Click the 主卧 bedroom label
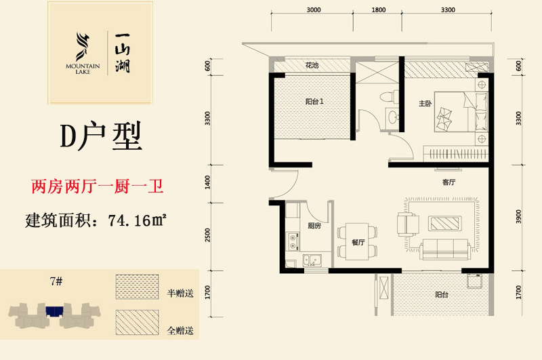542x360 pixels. (x=425, y=103)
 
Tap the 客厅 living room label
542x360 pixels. (x=449, y=182)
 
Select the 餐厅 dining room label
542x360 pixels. (x=358, y=242)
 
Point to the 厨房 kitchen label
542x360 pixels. (x=314, y=226)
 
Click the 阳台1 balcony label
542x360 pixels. (x=314, y=101)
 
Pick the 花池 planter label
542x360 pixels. (x=312, y=64)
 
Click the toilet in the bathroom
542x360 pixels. (x=389, y=96)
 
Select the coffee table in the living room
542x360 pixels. (x=445, y=224)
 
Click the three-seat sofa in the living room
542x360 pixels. (x=445, y=249)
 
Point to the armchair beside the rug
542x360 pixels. (x=408, y=224)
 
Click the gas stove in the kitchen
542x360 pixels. (x=293, y=241)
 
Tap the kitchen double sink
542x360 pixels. (x=312, y=260)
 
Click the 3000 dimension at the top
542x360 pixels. (x=314, y=10)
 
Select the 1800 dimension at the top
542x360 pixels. (x=379, y=10)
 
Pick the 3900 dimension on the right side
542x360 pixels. (x=518, y=216)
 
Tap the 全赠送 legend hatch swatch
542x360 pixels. (x=138, y=322)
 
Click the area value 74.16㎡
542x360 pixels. (x=138, y=220)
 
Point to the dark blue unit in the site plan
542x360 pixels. (x=54, y=311)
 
